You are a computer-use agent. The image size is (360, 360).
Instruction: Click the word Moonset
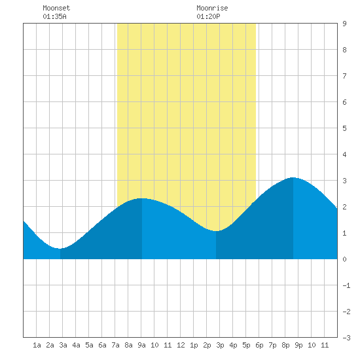coord(56,8)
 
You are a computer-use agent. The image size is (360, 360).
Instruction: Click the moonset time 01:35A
coord(54,16)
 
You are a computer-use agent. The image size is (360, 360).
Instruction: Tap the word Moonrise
coord(212,8)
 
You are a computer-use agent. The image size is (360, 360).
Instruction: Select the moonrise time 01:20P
coord(208,16)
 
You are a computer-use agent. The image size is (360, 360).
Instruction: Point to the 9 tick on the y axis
coord(344,24)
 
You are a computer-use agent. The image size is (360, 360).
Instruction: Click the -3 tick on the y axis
coord(346,338)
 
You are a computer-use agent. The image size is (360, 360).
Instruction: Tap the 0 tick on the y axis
coord(344,259)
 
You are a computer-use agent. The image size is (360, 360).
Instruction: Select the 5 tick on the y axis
coord(344,128)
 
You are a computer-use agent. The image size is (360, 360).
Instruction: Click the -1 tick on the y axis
coord(346,285)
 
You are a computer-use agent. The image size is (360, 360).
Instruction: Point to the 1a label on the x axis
coord(37,345)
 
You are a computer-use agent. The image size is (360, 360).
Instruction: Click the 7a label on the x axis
coord(115,345)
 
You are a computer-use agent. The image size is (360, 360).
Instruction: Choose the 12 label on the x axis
coord(181,345)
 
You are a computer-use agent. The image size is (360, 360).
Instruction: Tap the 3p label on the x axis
coord(220,345)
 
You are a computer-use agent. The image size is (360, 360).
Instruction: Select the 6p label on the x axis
coord(259,345)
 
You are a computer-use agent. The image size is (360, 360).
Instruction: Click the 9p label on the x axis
coord(298,345)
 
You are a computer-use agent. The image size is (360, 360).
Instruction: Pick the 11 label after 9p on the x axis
coord(325,345)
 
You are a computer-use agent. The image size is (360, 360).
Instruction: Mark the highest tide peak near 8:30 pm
coord(293,177)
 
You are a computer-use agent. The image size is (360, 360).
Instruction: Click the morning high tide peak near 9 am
coord(142,198)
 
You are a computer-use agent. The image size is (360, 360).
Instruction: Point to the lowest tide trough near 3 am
coord(60,249)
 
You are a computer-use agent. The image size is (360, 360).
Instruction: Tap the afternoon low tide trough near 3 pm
coord(216,231)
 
